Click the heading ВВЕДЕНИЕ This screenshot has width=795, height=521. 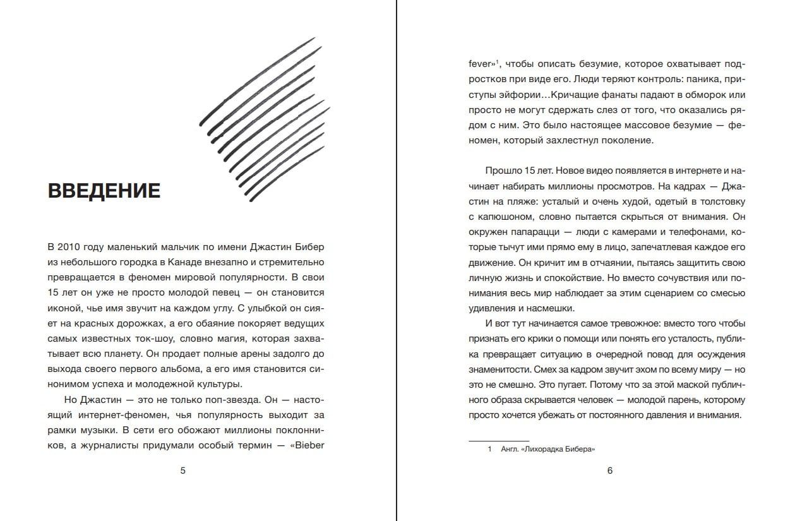104,190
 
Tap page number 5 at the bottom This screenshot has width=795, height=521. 183,470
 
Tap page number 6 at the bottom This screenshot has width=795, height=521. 609,470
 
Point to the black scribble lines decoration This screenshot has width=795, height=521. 265,120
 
